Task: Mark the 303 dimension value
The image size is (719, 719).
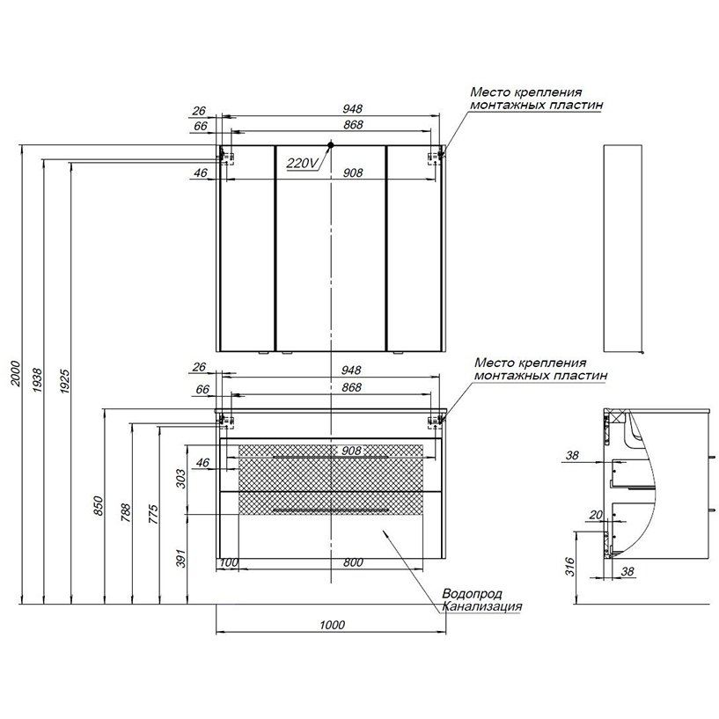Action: pyautogui.click(x=181, y=480)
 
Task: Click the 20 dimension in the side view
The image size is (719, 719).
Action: pyautogui.click(x=596, y=515)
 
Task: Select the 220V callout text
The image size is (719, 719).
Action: pyautogui.click(x=301, y=163)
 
